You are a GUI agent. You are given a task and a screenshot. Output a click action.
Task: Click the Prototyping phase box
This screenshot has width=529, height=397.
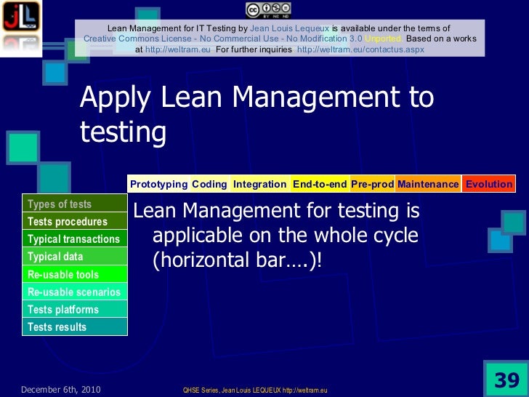point(158,184)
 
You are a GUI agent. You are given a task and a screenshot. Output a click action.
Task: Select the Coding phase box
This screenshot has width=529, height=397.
point(209,184)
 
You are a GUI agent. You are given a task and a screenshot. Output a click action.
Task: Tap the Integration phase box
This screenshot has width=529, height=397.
point(259,184)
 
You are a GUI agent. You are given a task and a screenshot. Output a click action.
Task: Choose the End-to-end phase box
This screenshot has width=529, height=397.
point(320,184)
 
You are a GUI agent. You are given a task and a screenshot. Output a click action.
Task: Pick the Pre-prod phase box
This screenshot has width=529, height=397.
point(372,184)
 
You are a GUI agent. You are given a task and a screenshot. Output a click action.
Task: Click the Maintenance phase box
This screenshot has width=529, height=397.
point(428,184)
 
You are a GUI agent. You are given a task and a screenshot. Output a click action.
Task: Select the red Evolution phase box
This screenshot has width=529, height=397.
point(488,184)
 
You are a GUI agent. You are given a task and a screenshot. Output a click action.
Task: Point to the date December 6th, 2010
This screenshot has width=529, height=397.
point(60,390)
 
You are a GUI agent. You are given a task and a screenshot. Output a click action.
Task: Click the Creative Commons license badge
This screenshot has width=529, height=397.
point(268,9)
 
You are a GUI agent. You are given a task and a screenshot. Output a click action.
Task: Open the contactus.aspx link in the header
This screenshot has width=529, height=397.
point(360,49)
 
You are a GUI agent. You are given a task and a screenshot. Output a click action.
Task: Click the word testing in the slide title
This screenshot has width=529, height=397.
point(123,132)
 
